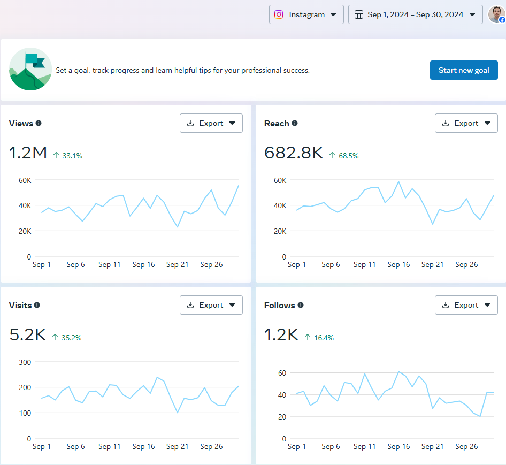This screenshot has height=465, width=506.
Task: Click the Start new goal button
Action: pos(464,70)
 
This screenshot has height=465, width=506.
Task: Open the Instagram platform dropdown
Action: pos(306,14)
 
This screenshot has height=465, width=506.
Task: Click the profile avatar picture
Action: pos(496,14)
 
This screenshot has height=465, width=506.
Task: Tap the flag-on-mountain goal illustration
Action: pos(30,69)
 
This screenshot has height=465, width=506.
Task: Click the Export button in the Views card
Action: pos(211,123)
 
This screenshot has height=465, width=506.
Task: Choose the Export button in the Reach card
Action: pos(466,123)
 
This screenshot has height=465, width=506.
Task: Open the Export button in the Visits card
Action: pos(211,305)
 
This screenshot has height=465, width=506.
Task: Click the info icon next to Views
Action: pos(39,123)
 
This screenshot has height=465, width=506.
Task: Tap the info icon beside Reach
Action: pos(295,123)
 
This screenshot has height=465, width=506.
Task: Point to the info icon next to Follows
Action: pos(301,305)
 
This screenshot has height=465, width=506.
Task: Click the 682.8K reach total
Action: pos(294,153)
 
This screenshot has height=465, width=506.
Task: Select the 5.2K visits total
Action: pos(28,335)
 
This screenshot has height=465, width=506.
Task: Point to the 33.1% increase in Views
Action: pos(68,156)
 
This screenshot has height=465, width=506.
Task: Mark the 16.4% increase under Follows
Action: pos(319,338)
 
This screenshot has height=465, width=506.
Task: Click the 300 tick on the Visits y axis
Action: pos(25,362)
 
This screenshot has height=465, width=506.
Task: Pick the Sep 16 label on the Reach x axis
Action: pos(398,264)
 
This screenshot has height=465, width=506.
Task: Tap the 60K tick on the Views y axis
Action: pos(25,180)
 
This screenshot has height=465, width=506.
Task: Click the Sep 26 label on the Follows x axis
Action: pos(466,446)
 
